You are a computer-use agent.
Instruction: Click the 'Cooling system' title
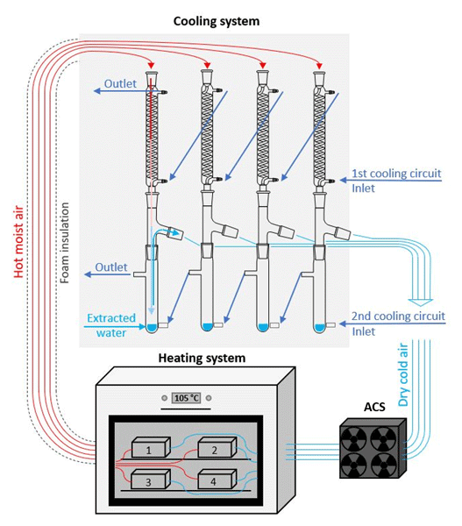217,21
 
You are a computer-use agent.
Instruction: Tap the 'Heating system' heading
202,359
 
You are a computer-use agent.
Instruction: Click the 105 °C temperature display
187,398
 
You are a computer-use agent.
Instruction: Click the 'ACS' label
374,407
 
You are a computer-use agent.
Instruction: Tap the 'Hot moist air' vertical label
18,242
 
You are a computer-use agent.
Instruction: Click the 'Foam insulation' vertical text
64,243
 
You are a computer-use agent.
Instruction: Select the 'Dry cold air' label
403,374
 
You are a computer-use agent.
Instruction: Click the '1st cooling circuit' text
396,173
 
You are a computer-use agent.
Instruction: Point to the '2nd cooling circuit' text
398,316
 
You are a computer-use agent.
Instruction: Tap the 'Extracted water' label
111,325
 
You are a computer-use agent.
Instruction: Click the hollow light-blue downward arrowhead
421,302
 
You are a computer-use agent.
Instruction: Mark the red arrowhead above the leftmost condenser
152,65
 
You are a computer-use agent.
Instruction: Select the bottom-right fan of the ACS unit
384,464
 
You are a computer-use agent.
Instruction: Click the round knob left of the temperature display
165,398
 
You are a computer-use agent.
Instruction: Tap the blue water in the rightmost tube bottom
319,327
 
